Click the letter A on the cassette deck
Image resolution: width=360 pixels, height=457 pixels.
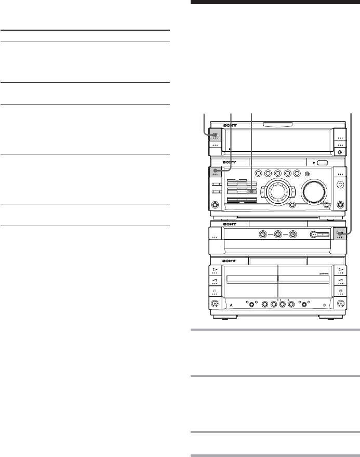click(228, 305)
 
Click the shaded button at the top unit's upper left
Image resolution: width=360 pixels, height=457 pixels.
click(215, 135)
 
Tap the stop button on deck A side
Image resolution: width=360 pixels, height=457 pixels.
click(215, 290)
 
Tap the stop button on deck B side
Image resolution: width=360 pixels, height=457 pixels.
click(340, 290)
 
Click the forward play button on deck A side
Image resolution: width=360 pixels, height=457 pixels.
click(215, 269)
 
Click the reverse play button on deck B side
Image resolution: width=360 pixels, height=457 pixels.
click(340, 280)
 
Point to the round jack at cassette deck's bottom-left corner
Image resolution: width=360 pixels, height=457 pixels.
click(215, 304)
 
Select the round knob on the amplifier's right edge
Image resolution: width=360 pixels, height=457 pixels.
click(340, 184)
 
